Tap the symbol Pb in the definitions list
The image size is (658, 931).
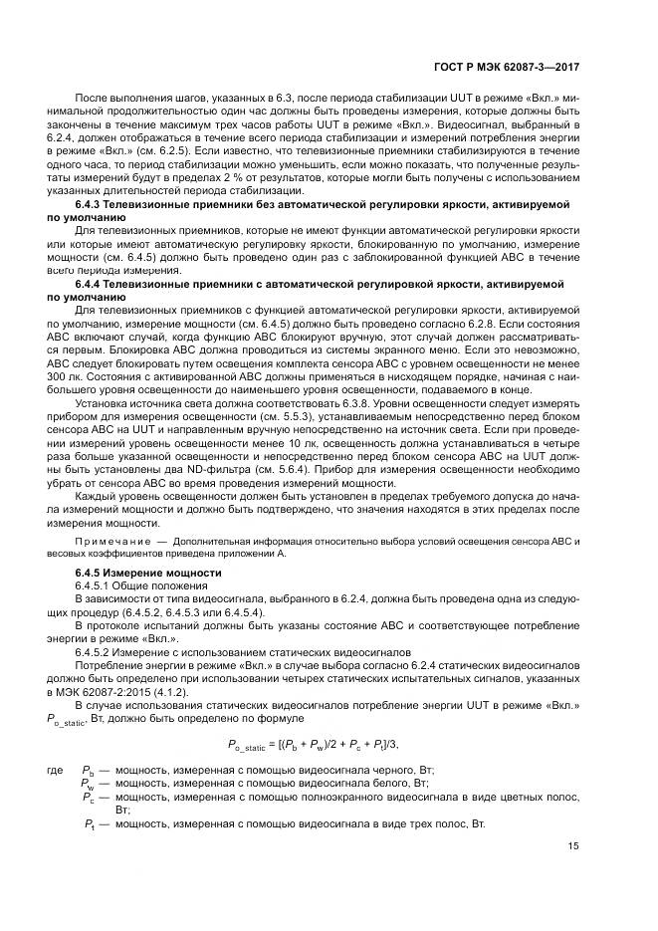click(90, 772)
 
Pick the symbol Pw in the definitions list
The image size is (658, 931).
click(90, 785)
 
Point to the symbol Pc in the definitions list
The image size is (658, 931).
click(90, 799)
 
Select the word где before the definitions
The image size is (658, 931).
click(56, 772)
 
